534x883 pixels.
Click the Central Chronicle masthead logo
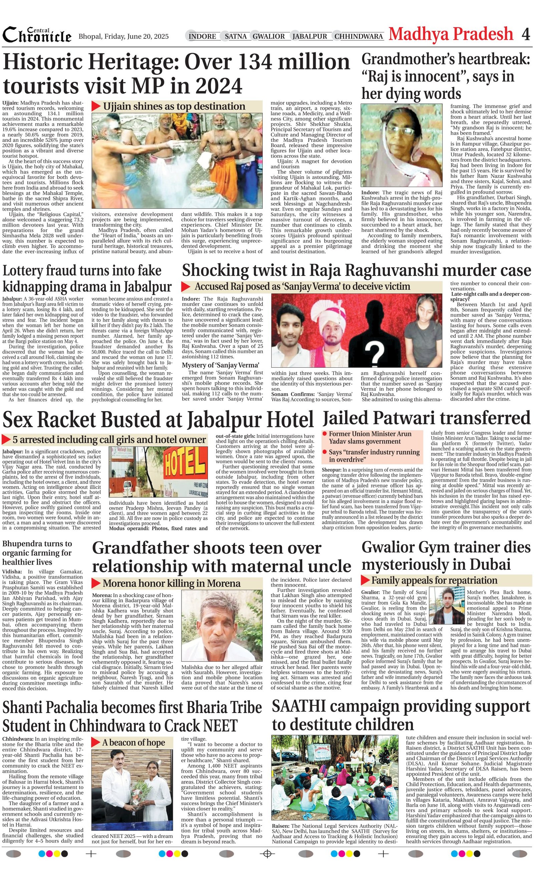click(37, 35)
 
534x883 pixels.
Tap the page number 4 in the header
click(525, 35)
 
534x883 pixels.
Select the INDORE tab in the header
click(202, 36)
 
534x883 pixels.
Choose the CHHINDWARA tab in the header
click(358, 36)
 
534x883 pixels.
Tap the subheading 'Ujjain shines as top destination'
click(174, 107)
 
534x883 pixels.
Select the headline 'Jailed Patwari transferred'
click(426, 418)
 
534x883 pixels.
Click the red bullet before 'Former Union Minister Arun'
click(325, 434)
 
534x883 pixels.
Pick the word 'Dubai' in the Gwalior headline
click(490, 564)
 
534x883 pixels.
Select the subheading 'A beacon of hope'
click(133, 742)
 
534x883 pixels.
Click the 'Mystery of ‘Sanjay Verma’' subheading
click(220, 365)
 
